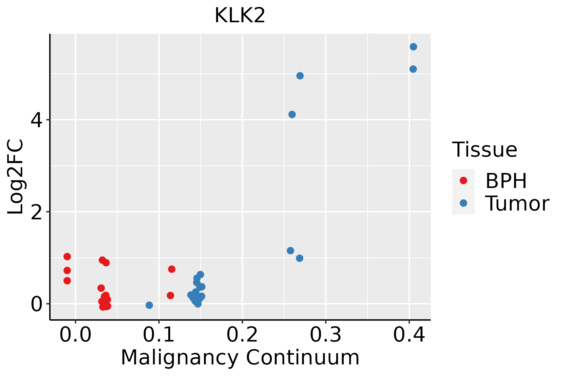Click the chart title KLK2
[x=240, y=16]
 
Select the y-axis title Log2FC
[x=16, y=177]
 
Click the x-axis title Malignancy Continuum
[x=240, y=358]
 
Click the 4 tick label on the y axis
[x=37, y=120]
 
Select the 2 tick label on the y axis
[x=37, y=212]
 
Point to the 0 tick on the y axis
[x=37, y=304]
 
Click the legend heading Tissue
[x=485, y=150]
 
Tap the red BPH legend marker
[x=463, y=180]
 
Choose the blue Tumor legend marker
[x=463, y=203]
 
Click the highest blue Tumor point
[x=413, y=47]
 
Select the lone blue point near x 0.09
[x=149, y=305]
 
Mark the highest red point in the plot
[x=67, y=257]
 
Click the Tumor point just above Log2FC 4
[x=292, y=114]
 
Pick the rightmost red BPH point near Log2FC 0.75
[x=172, y=269]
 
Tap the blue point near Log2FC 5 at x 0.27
[x=300, y=76]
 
